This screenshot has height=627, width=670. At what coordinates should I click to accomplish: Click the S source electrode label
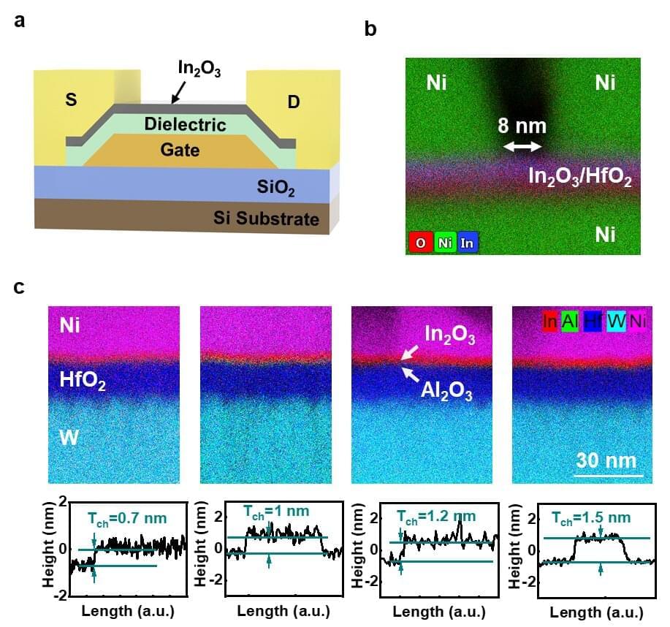point(71,100)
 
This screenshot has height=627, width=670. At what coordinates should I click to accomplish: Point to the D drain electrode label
point(293,102)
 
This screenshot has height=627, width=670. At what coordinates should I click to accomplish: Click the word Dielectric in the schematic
point(185,124)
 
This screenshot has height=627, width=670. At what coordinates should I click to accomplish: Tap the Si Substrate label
point(266,218)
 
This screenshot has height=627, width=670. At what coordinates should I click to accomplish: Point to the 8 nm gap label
point(522,126)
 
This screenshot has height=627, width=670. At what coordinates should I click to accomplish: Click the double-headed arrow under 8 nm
point(522,147)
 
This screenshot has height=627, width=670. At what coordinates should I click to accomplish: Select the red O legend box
point(421,243)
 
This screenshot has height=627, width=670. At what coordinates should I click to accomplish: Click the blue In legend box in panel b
point(466,243)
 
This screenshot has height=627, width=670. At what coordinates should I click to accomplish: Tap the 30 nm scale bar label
point(606,460)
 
